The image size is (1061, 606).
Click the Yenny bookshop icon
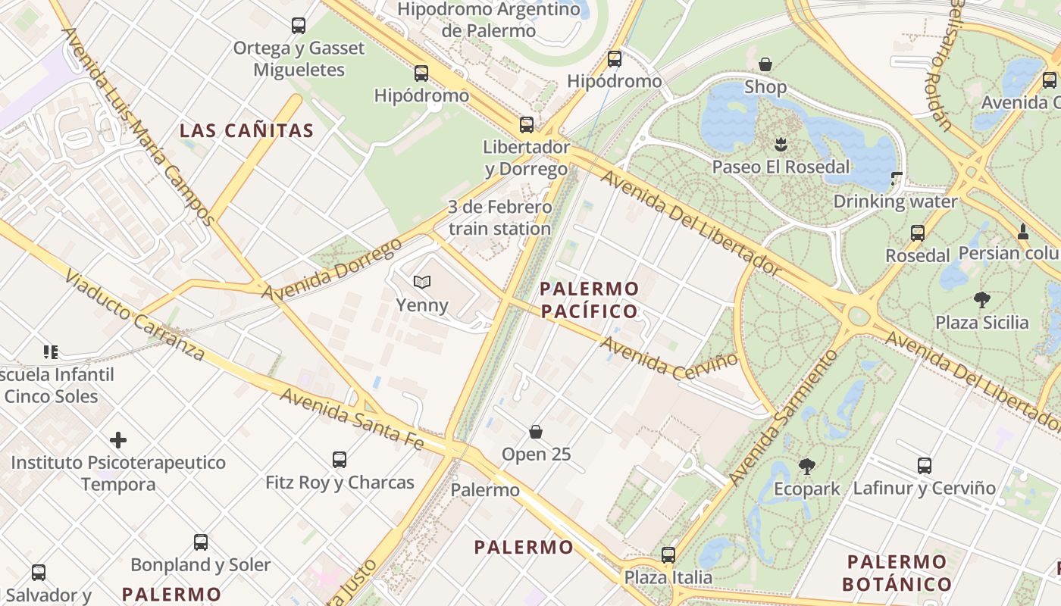[421, 282]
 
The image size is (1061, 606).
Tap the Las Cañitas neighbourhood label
[246, 130]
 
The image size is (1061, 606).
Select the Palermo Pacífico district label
[589, 300]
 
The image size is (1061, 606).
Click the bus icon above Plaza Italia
[668, 554]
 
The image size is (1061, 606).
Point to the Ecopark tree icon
[806, 467]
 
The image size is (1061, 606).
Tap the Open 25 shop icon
[536, 432]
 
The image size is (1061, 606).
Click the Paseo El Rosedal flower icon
[781, 144]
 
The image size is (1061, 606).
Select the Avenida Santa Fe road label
[351, 418]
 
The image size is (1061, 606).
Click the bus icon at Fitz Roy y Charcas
[340, 459]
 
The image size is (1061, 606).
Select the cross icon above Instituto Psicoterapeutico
[118, 439]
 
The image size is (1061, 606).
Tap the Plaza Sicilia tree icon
[982, 299]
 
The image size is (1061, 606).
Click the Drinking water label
[895, 201]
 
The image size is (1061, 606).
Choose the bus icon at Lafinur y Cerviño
[924, 465]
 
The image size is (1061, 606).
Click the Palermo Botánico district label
[897, 573]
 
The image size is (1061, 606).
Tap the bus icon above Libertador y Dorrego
[526, 124]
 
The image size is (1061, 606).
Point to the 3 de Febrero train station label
[500, 217]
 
